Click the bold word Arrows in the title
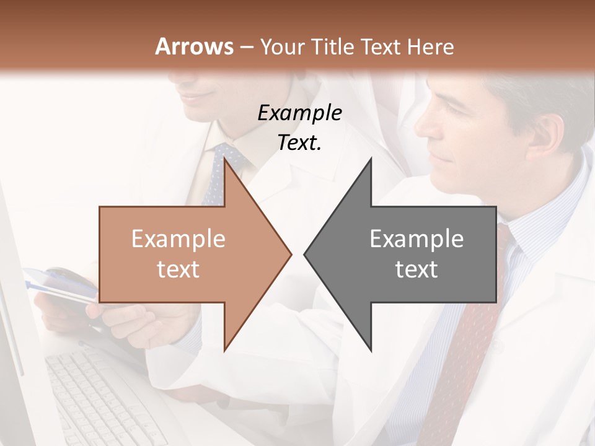(194, 46)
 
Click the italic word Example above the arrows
(299, 113)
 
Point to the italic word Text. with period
(299, 143)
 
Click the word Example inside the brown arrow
(178, 239)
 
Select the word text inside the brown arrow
(178, 269)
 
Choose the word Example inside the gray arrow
(416, 239)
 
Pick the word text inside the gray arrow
(416, 269)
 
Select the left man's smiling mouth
(197, 97)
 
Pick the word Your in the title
(281, 46)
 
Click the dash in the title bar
(245, 46)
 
